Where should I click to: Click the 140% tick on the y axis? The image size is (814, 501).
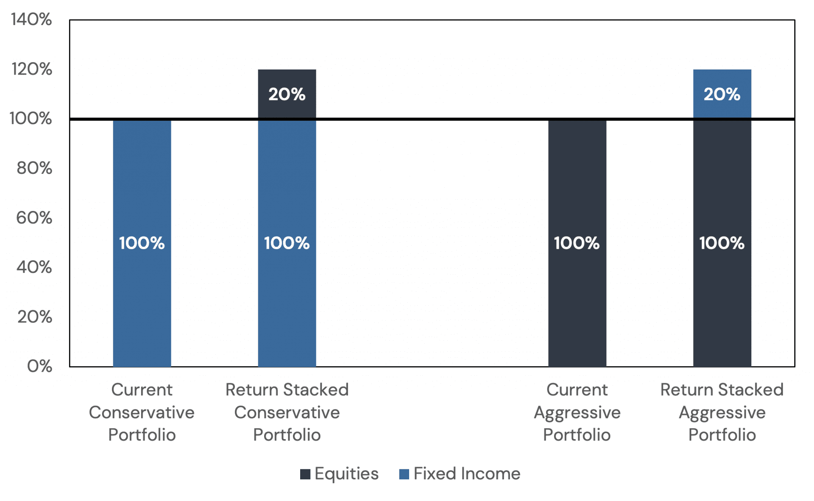pos(31,19)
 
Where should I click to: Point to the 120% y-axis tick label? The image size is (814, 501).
pos(32,69)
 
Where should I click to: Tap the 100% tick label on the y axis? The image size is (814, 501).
pos(31,119)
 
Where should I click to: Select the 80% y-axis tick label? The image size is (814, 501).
pos(34,168)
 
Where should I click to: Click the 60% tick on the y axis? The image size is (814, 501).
pos(34,218)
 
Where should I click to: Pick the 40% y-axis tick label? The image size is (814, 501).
pos(34,267)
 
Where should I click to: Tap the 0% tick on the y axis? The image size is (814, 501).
pos(39,366)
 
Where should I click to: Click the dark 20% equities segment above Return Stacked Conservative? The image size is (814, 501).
pos(287,94)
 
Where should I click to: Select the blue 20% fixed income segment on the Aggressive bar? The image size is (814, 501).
pos(722,94)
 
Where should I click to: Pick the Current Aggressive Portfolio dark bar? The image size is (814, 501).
pos(577,297)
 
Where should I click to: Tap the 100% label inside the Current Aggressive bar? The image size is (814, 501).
pos(577,243)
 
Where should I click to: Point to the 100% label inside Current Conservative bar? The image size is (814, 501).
pos(142,243)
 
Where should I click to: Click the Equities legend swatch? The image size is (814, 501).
pos(305,474)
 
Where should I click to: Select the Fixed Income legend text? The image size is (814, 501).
pos(467,474)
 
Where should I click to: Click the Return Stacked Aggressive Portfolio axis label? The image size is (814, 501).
pos(722,412)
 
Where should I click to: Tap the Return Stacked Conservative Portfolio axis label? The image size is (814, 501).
pos(287,412)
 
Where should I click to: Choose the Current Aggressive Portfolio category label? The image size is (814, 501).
pos(577,412)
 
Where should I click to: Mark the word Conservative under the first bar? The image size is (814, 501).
pos(142,412)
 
